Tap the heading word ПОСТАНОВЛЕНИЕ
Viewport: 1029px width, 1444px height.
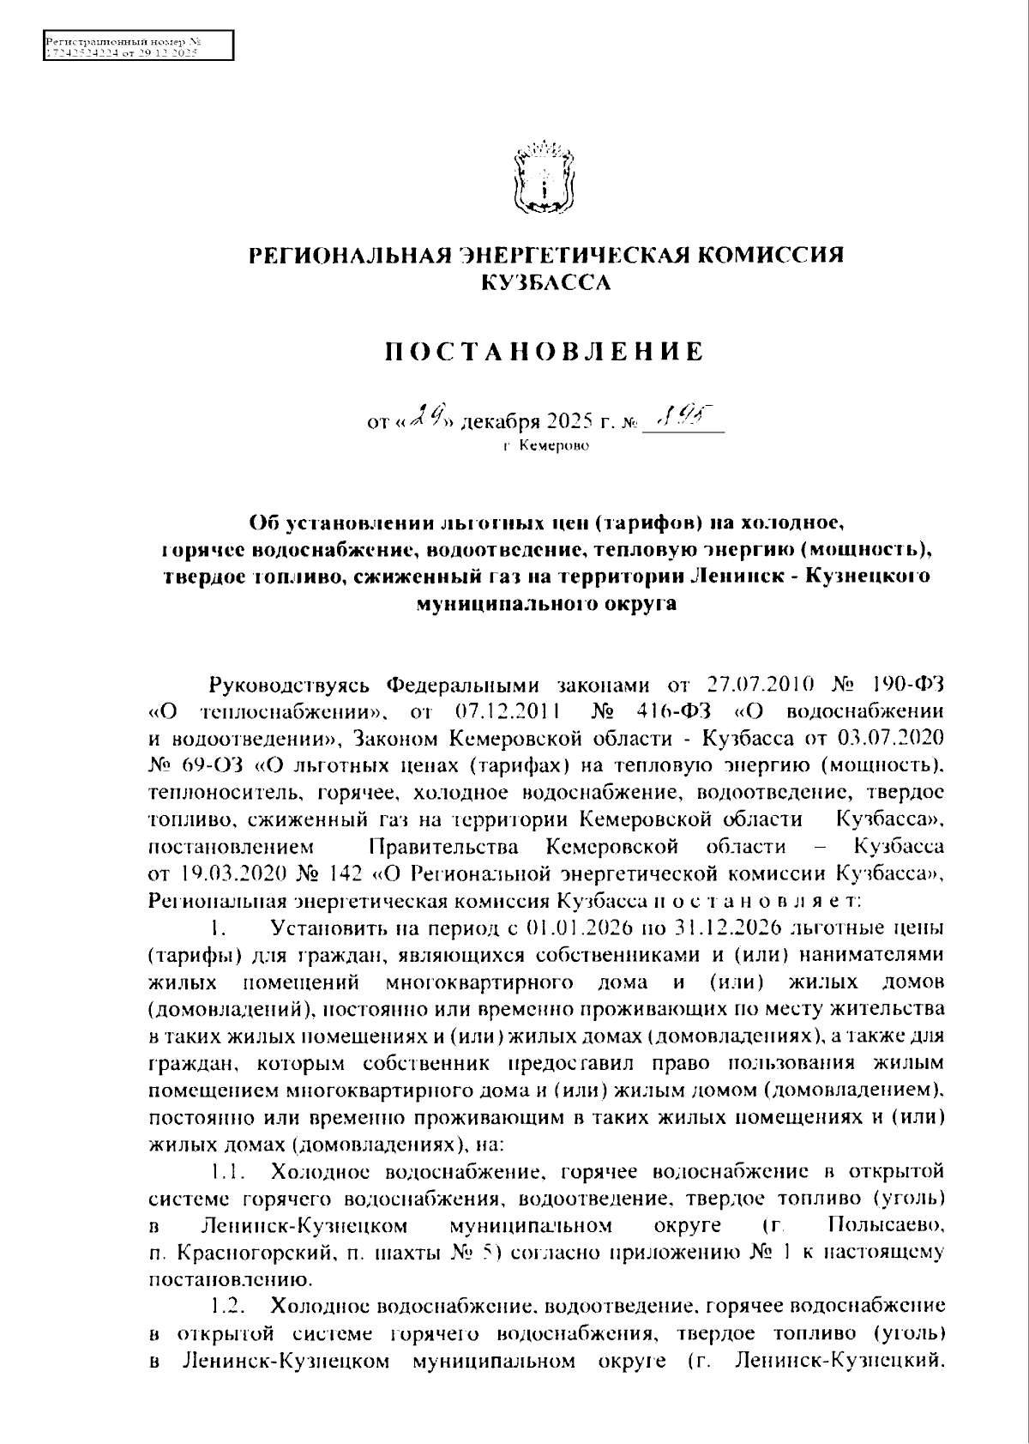(543, 351)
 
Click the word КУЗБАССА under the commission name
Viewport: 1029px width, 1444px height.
(545, 281)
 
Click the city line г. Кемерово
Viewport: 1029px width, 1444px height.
(546, 446)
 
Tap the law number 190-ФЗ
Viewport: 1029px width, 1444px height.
(907, 685)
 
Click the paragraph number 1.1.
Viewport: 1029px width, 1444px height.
(229, 1171)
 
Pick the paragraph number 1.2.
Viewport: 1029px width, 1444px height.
(229, 1306)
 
